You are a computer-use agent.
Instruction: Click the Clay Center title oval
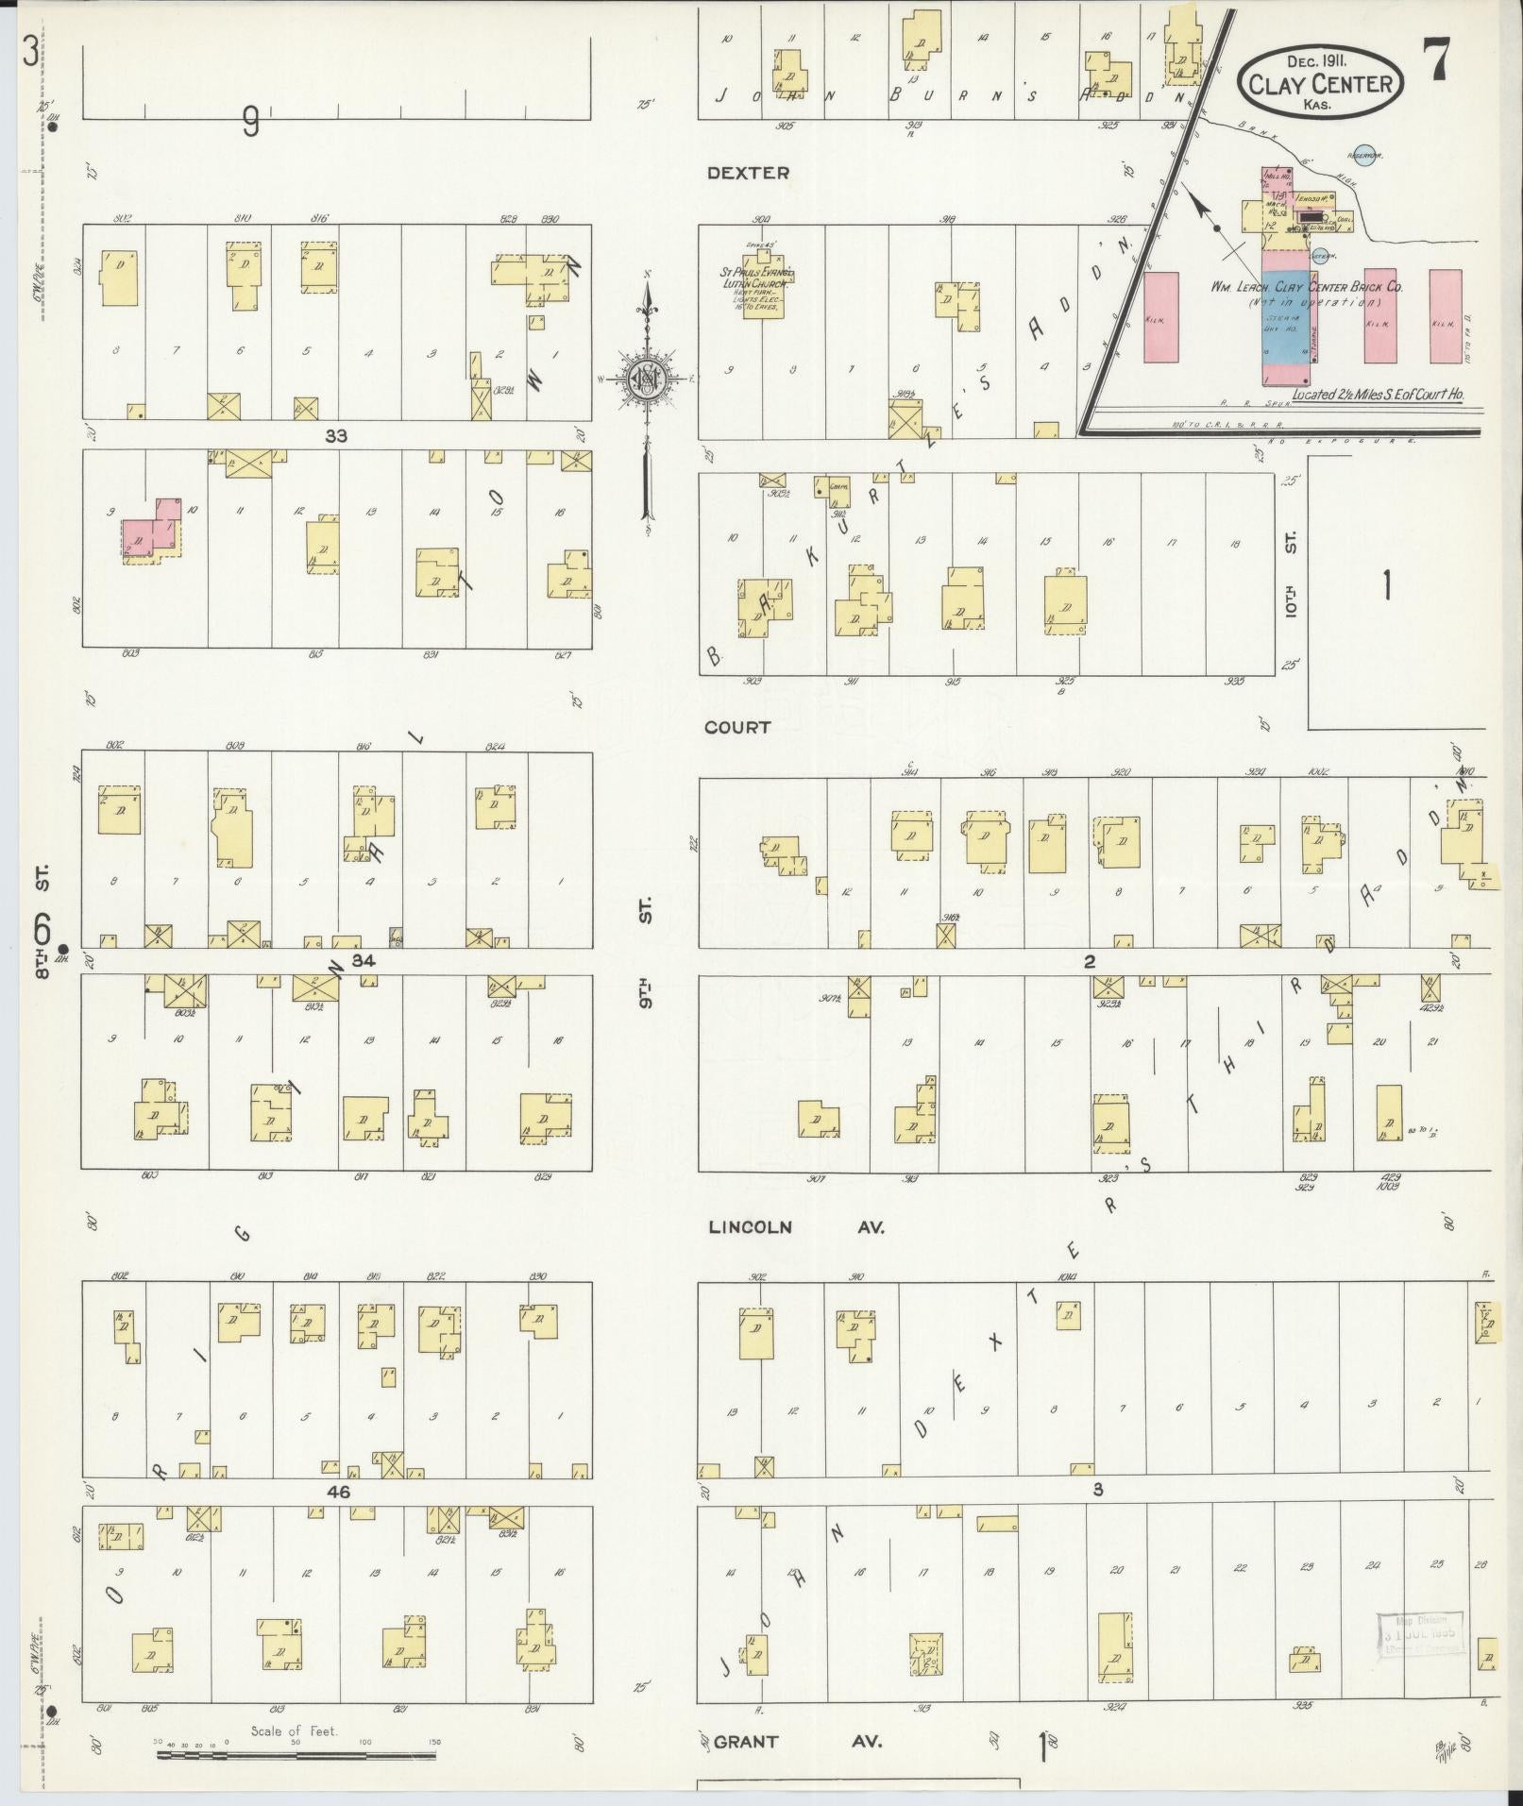(x=1320, y=82)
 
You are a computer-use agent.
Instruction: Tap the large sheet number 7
(x=1438, y=63)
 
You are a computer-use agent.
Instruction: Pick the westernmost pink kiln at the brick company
(x=1161, y=317)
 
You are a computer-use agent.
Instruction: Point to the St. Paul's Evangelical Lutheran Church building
(x=767, y=288)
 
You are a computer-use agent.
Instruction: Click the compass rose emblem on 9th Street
(x=648, y=378)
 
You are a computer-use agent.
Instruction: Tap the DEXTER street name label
(x=748, y=173)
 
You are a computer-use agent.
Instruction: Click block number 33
(x=336, y=436)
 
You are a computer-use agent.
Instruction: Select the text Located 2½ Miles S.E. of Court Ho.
(x=1378, y=396)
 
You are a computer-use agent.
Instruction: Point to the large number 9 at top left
(x=250, y=122)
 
